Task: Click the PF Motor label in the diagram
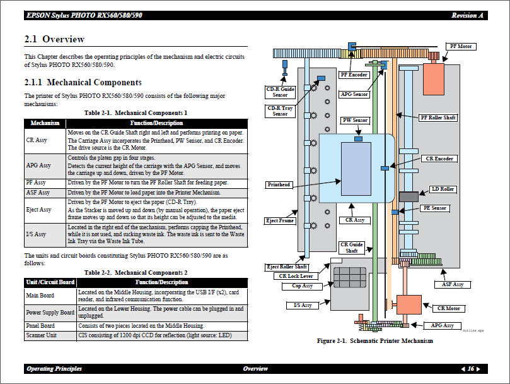tap(461, 47)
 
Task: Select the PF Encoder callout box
tap(354, 75)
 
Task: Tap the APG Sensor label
tap(354, 95)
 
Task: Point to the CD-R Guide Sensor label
tap(280, 92)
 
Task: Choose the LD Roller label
tap(443, 189)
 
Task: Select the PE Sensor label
tap(434, 208)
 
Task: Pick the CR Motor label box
tap(449, 308)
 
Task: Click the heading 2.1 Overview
tap(54, 39)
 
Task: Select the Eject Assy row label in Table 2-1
tap(39, 210)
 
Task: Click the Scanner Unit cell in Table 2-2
tap(41, 336)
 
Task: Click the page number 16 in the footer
tap(470, 369)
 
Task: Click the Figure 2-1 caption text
tap(374, 341)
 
